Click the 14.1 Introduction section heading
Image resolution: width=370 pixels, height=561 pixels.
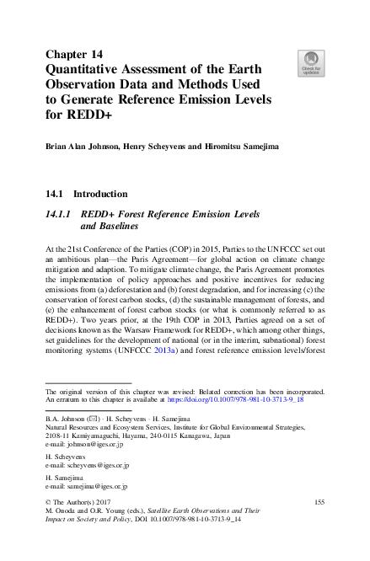coord(86,194)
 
